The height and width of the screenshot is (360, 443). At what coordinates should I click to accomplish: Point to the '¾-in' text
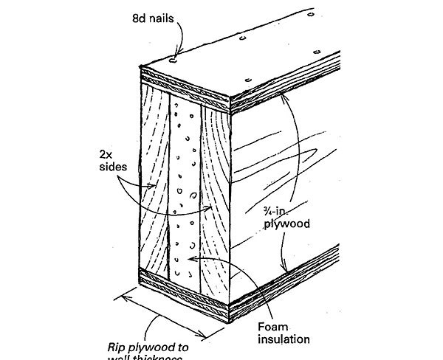[x=273, y=211]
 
